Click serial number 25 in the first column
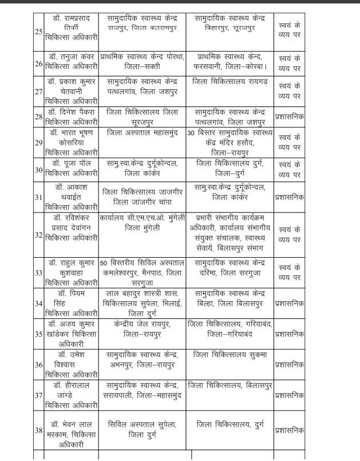point(38,31)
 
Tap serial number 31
point(38,198)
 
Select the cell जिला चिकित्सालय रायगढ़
point(231,81)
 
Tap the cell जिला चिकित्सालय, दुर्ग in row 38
point(231,424)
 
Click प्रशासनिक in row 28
point(289,117)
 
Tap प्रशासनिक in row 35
point(289,333)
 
